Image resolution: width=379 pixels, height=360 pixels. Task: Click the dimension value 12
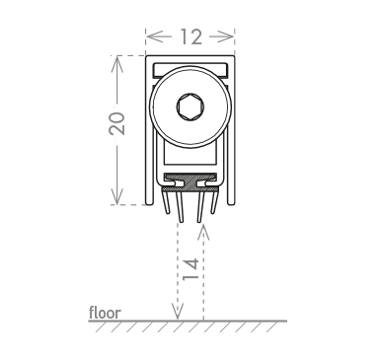[190, 36]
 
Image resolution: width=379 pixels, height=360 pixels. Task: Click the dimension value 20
[116, 123]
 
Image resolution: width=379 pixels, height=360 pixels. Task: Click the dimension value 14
[190, 269]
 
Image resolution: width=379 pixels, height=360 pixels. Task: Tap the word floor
[105, 313]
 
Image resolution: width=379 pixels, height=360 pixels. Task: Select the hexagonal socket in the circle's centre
[190, 107]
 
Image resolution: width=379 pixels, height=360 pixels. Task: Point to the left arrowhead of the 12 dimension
[154, 36]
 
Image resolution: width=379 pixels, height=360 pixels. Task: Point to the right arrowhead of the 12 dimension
[226, 36]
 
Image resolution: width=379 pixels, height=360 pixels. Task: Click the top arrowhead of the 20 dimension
[116, 64]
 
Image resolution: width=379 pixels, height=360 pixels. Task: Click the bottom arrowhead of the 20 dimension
[116, 196]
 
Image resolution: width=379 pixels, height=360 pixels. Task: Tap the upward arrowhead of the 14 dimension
[204, 231]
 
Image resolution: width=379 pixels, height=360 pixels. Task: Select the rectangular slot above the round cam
[190, 71]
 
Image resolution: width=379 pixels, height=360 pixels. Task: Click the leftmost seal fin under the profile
[167, 202]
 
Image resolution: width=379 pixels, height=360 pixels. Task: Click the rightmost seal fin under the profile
[214, 202]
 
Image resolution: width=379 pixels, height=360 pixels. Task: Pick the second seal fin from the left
[180, 207]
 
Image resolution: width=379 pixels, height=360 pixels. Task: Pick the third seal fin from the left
[200, 207]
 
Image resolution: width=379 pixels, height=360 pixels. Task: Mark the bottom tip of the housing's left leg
[150, 204]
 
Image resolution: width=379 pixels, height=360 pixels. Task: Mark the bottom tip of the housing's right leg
[231, 204]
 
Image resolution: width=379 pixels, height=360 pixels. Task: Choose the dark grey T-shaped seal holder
[190, 182]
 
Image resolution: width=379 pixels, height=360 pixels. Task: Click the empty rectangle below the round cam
[190, 156]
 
